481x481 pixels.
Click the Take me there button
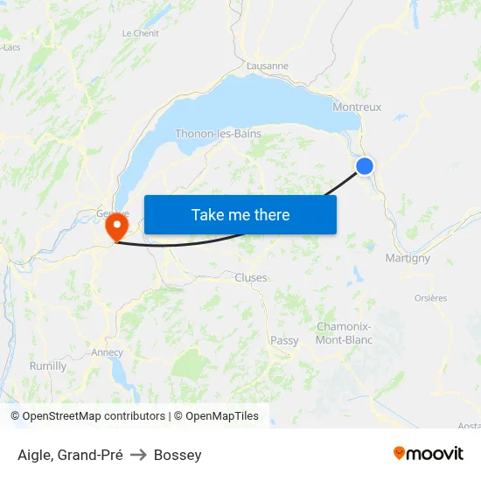coord(240,214)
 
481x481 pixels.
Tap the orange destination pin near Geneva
coord(115,227)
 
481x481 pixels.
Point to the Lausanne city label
coord(268,66)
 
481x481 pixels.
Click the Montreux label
coord(357,108)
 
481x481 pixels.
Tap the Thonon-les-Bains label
coord(218,134)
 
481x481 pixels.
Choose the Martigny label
coord(408,258)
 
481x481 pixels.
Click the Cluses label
coord(251,278)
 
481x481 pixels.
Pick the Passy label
coord(284,341)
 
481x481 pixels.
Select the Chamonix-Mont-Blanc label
coord(345,333)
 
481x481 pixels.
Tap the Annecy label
coord(107,352)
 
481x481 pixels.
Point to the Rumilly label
coord(48,366)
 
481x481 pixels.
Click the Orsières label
coord(430,298)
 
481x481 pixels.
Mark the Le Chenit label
coord(140,33)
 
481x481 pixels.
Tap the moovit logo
coord(428,453)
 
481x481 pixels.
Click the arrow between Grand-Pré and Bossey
coord(138,455)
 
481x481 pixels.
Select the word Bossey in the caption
coord(178,455)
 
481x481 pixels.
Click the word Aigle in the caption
coord(33,455)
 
